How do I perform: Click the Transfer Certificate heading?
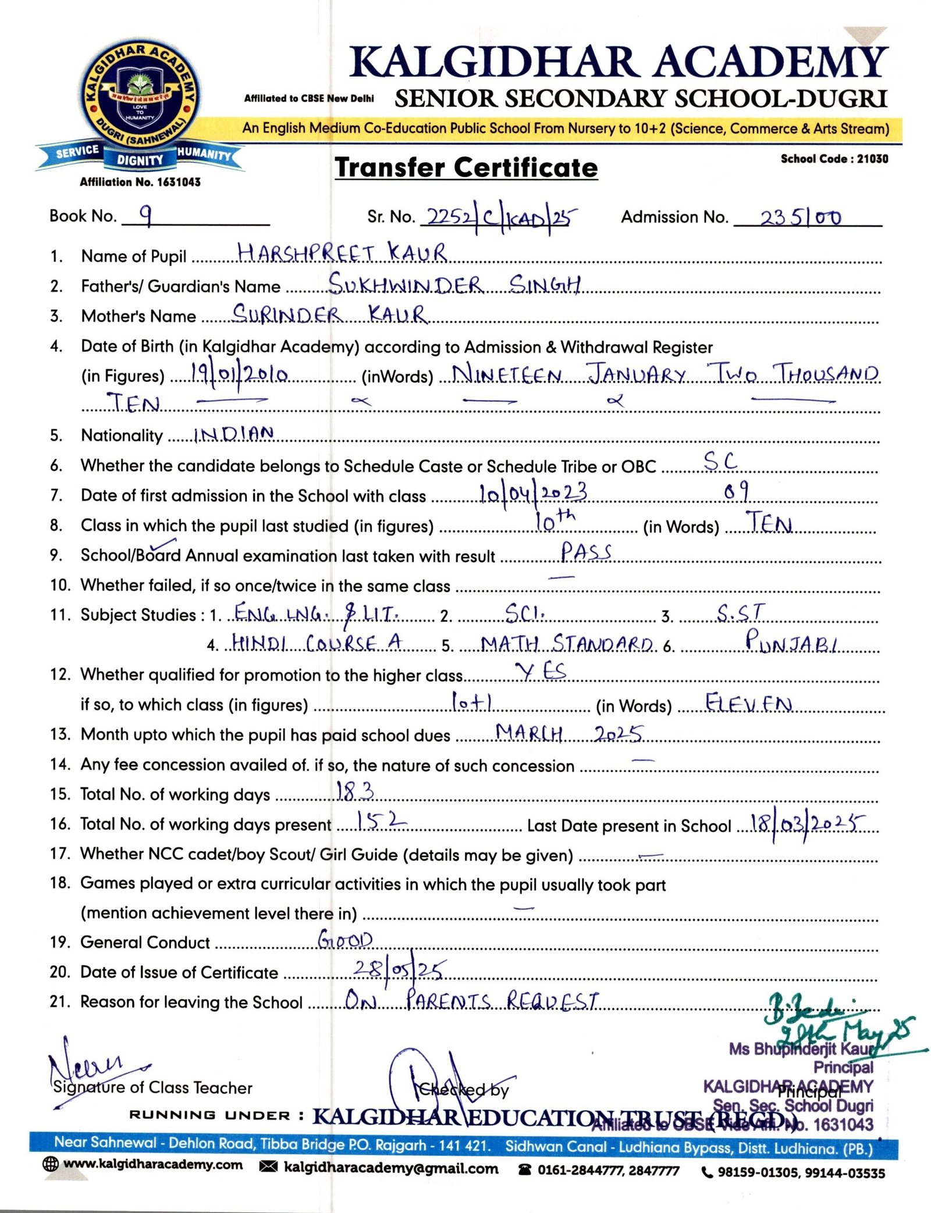click(466, 168)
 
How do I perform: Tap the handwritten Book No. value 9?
click(147, 216)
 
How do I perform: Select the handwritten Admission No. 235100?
click(801, 217)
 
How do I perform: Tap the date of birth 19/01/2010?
click(239, 374)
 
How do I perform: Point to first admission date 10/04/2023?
click(532, 493)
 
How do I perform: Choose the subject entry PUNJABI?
click(791, 641)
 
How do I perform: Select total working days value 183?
click(355, 791)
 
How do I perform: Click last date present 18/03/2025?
click(808, 822)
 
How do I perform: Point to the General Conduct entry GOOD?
click(345, 940)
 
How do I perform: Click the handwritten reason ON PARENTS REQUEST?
click(471, 1000)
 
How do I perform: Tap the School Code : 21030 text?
click(834, 159)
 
